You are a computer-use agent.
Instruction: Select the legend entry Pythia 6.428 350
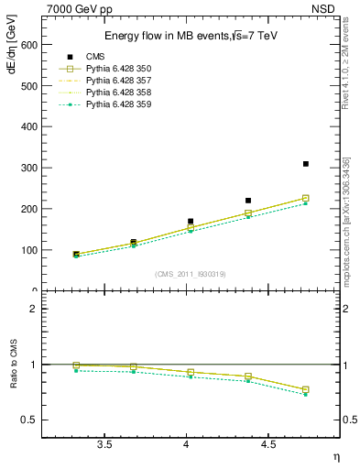click(x=114, y=69)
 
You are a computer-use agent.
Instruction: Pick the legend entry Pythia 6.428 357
click(x=114, y=81)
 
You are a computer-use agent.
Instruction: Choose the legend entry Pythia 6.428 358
click(x=114, y=93)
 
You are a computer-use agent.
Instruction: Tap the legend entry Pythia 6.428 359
click(x=114, y=104)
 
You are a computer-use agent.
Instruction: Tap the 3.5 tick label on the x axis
click(x=104, y=444)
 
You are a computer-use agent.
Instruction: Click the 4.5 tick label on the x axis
click(x=268, y=444)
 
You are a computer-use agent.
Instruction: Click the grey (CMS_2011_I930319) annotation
click(x=190, y=273)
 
